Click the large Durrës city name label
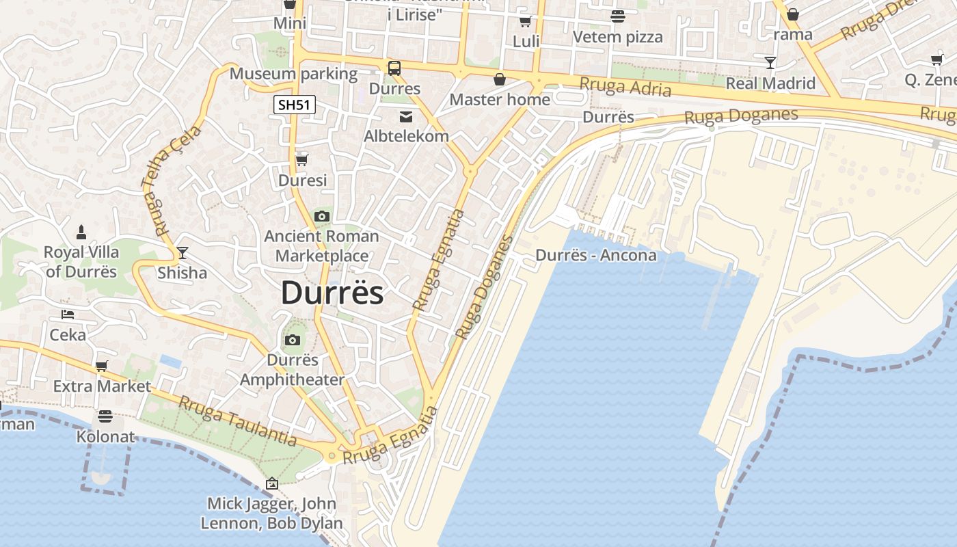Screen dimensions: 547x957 [x=332, y=293]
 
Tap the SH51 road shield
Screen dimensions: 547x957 [x=295, y=105]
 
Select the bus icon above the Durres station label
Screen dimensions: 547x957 [x=394, y=68]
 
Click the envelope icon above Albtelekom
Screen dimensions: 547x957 [x=406, y=117]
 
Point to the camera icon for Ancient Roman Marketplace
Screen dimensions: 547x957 [x=321, y=217]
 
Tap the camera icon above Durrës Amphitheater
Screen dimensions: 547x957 [x=292, y=340]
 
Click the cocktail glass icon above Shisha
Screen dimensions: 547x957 [x=182, y=253]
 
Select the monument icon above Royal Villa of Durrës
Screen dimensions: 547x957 [x=81, y=232]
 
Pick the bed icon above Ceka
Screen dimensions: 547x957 [x=68, y=315]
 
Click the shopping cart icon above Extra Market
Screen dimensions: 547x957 [x=102, y=366]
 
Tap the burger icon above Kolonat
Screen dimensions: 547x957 [x=105, y=416]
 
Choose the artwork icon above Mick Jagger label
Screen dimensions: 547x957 [x=271, y=483]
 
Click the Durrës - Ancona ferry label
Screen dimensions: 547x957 [x=595, y=256]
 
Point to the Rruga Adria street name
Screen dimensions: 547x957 [x=625, y=87]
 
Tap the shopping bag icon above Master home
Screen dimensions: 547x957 [x=500, y=79]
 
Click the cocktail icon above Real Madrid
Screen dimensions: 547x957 [x=770, y=63]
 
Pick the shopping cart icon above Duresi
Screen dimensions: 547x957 [x=301, y=160]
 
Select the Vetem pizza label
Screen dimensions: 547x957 [x=618, y=37]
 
